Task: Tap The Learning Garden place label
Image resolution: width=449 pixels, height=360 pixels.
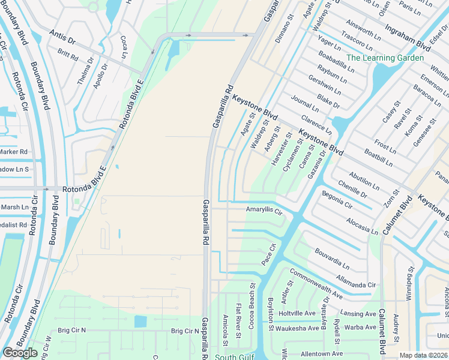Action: click(385, 58)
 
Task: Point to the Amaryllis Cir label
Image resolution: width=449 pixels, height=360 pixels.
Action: click(264, 211)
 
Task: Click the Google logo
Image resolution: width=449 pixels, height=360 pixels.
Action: click(20, 353)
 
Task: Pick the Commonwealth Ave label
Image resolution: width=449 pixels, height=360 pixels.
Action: click(316, 283)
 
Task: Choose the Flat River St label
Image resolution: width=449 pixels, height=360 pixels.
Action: click(238, 319)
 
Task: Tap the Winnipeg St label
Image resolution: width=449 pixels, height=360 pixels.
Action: click(411, 286)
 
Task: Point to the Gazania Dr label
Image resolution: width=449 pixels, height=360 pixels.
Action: click(318, 164)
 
